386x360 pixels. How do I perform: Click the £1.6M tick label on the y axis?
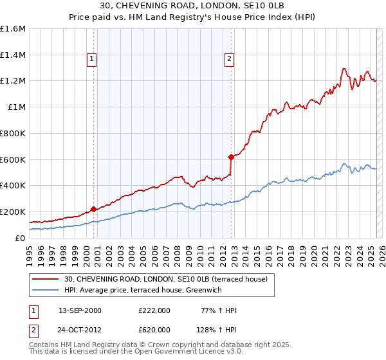tap(13, 29)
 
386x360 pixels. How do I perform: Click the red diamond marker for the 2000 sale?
tap(93, 208)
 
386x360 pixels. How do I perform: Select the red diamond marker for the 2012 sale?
tap(231, 156)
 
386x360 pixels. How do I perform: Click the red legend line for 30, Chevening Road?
tap(46, 279)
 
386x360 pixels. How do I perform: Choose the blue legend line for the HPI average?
tap(46, 290)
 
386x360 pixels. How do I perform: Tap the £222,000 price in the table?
tap(154, 310)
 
